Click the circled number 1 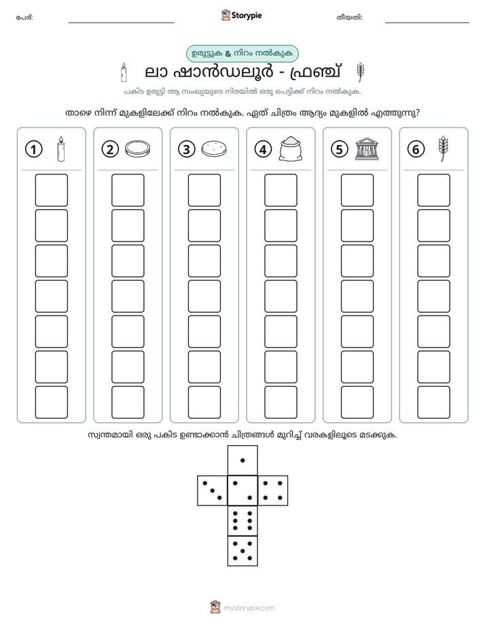click(33, 149)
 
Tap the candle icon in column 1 click(61, 149)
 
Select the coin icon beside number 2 click(138, 149)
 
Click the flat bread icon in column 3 click(214, 149)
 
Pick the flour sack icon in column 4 click(291, 149)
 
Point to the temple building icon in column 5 click(367, 149)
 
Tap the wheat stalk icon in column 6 click(443, 149)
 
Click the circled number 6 click(416, 149)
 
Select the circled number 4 click(263, 149)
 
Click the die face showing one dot click(242, 460)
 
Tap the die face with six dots click(242, 520)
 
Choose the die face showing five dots click(242, 550)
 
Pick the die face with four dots click(272, 490)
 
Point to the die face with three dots click(213, 490)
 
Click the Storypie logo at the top click(241, 15)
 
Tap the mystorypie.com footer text click(249, 608)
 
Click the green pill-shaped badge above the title click(242, 53)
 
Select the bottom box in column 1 click(51, 402)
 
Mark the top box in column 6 click(433, 190)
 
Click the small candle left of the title click(124, 72)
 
